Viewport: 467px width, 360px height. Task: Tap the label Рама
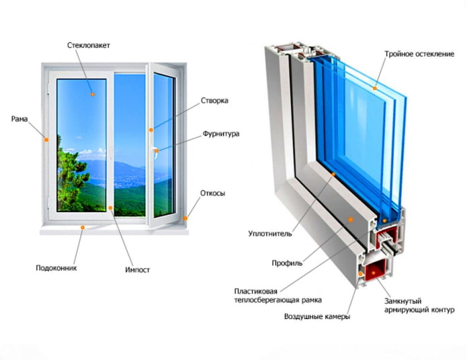19,119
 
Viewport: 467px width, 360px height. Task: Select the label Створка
214,101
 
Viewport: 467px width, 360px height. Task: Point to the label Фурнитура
220,134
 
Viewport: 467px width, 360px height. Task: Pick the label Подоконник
56,268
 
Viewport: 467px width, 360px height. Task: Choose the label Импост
137,270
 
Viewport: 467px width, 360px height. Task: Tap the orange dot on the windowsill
83,228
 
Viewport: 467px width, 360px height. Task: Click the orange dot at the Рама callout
46,140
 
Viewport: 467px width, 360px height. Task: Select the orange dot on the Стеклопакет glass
93,95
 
